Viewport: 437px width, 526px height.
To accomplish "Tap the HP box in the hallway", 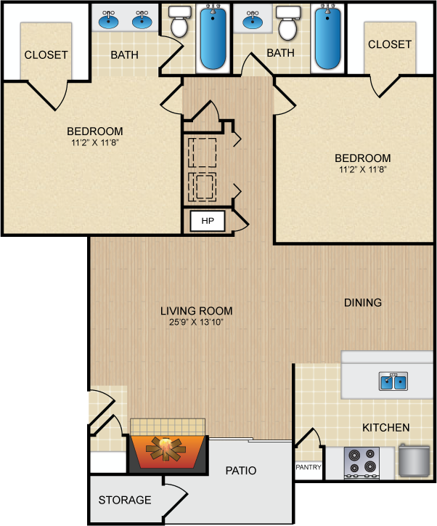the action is tap(208, 221).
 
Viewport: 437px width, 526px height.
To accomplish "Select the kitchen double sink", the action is tap(393, 381).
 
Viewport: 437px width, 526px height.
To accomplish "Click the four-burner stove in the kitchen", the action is tap(362, 462).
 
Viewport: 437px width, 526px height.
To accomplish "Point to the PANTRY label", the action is tap(309, 467).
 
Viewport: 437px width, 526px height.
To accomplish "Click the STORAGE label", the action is tap(125, 500).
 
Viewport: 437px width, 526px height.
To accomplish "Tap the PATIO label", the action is tap(241, 471).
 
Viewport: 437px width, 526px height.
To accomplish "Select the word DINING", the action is tap(363, 302).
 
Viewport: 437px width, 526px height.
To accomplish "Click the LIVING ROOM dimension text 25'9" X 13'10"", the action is tap(196, 322).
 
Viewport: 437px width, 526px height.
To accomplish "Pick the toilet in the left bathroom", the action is tap(179, 22).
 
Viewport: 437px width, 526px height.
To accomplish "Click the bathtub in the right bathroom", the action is tap(327, 39).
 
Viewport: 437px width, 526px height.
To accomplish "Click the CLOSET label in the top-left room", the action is tap(46, 55).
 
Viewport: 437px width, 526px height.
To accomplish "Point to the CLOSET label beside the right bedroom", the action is tap(390, 44).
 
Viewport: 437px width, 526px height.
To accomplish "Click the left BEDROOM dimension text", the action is tap(95, 142).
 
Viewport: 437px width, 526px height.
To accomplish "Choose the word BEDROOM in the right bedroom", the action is tap(363, 158).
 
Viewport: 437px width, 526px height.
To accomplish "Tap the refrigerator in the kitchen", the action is tap(414, 460).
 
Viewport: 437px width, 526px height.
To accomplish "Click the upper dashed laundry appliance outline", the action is tap(202, 153).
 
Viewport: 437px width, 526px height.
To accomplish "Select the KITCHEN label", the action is tap(386, 428).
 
